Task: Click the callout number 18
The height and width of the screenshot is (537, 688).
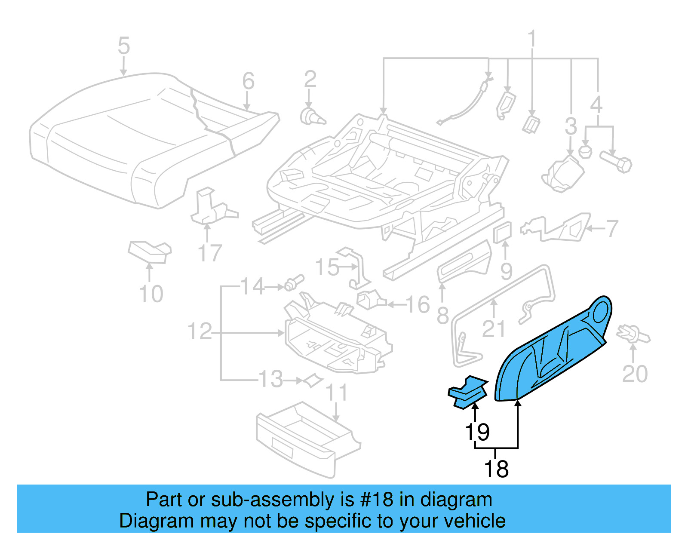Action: pyautogui.click(x=496, y=469)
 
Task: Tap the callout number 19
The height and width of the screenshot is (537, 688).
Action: pyautogui.click(x=477, y=432)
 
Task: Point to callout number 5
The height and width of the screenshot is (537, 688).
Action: pyautogui.click(x=123, y=46)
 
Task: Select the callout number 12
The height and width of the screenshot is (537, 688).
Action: pyautogui.click(x=200, y=331)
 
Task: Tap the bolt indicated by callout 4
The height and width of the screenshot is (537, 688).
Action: pyautogui.click(x=617, y=162)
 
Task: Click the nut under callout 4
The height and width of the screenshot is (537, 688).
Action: pyautogui.click(x=585, y=151)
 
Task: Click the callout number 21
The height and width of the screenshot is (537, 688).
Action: pyautogui.click(x=493, y=329)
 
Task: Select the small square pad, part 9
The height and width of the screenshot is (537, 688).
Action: pyautogui.click(x=503, y=233)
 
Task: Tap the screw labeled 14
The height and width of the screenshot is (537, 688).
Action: pyautogui.click(x=294, y=283)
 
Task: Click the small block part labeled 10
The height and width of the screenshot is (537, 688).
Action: pyautogui.click(x=150, y=252)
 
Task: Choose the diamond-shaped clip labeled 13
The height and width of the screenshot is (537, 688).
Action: pyautogui.click(x=313, y=380)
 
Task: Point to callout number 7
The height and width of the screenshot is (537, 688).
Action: pyautogui.click(x=612, y=228)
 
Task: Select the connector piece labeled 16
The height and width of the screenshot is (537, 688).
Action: pyautogui.click(x=370, y=299)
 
